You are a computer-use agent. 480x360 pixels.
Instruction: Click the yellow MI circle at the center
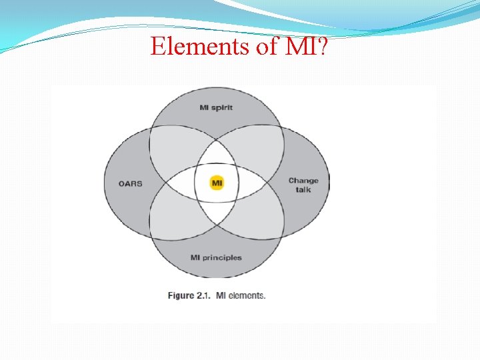[217, 182]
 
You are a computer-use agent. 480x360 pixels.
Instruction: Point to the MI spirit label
[216, 107]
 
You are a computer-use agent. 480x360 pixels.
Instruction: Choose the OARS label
[131, 183]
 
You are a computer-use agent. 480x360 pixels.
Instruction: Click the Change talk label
[303, 185]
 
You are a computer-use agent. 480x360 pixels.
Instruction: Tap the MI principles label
[216, 257]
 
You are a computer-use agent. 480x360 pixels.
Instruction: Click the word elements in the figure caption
[247, 295]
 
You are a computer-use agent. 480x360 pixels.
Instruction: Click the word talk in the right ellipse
[303, 189]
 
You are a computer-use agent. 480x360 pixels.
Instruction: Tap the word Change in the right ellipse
[303, 180]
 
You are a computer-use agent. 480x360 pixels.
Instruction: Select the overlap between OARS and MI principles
[170, 217]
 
